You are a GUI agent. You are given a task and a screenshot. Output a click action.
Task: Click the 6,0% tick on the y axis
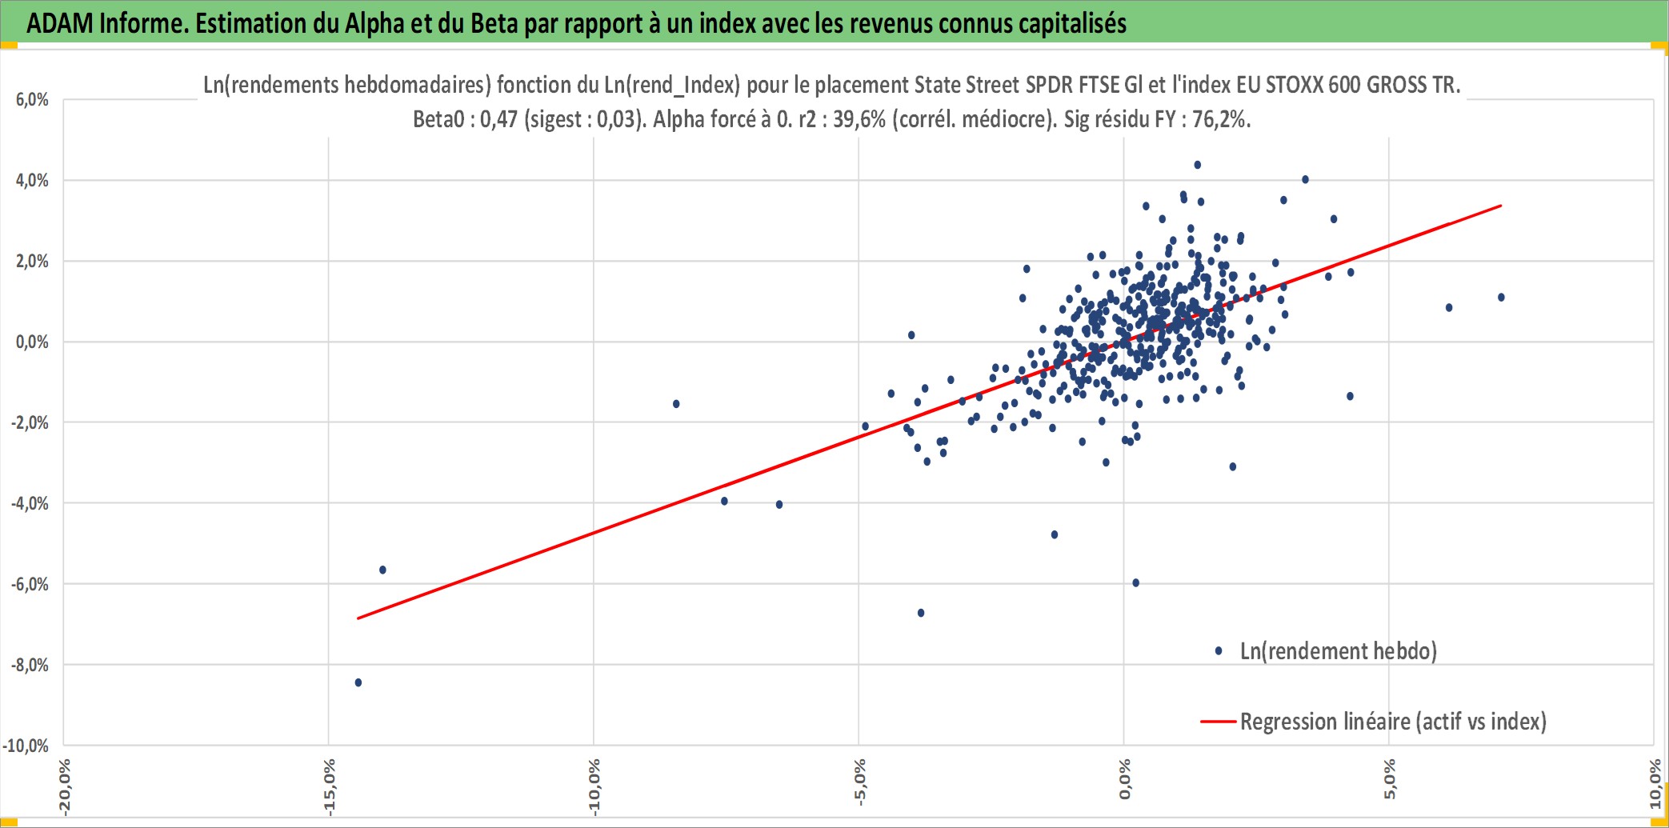click(x=32, y=100)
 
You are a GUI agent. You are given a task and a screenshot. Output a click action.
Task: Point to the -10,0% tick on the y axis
click(x=26, y=746)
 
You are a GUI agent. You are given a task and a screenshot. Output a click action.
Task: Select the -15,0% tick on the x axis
click(x=329, y=787)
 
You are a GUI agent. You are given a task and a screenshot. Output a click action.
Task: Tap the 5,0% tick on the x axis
click(x=1389, y=779)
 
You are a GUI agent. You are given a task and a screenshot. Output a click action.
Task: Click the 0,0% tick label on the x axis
click(x=1124, y=779)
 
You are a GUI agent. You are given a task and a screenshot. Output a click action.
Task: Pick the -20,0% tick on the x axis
click(x=64, y=787)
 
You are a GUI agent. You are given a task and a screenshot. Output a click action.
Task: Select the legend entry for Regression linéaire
click(x=1374, y=722)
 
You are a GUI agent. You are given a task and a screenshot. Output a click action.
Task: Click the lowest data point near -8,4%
click(x=358, y=682)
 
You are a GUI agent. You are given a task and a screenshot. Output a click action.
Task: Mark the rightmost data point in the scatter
click(x=1501, y=298)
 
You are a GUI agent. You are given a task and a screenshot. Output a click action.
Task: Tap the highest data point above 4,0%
click(x=1197, y=165)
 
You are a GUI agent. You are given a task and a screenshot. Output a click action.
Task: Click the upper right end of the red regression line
click(x=1501, y=206)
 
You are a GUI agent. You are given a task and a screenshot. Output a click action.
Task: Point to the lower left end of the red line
click(x=358, y=618)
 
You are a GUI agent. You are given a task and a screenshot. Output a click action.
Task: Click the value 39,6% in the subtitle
click(x=859, y=120)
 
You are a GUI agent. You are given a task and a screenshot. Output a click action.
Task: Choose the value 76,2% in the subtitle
click(x=1222, y=120)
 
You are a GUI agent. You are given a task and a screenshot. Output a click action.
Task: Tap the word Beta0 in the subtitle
click(x=438, y=120)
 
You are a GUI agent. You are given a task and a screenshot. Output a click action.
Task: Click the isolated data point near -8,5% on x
click(x=676, y=404)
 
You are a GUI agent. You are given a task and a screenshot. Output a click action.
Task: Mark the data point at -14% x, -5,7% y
click(x=382, y=570)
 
